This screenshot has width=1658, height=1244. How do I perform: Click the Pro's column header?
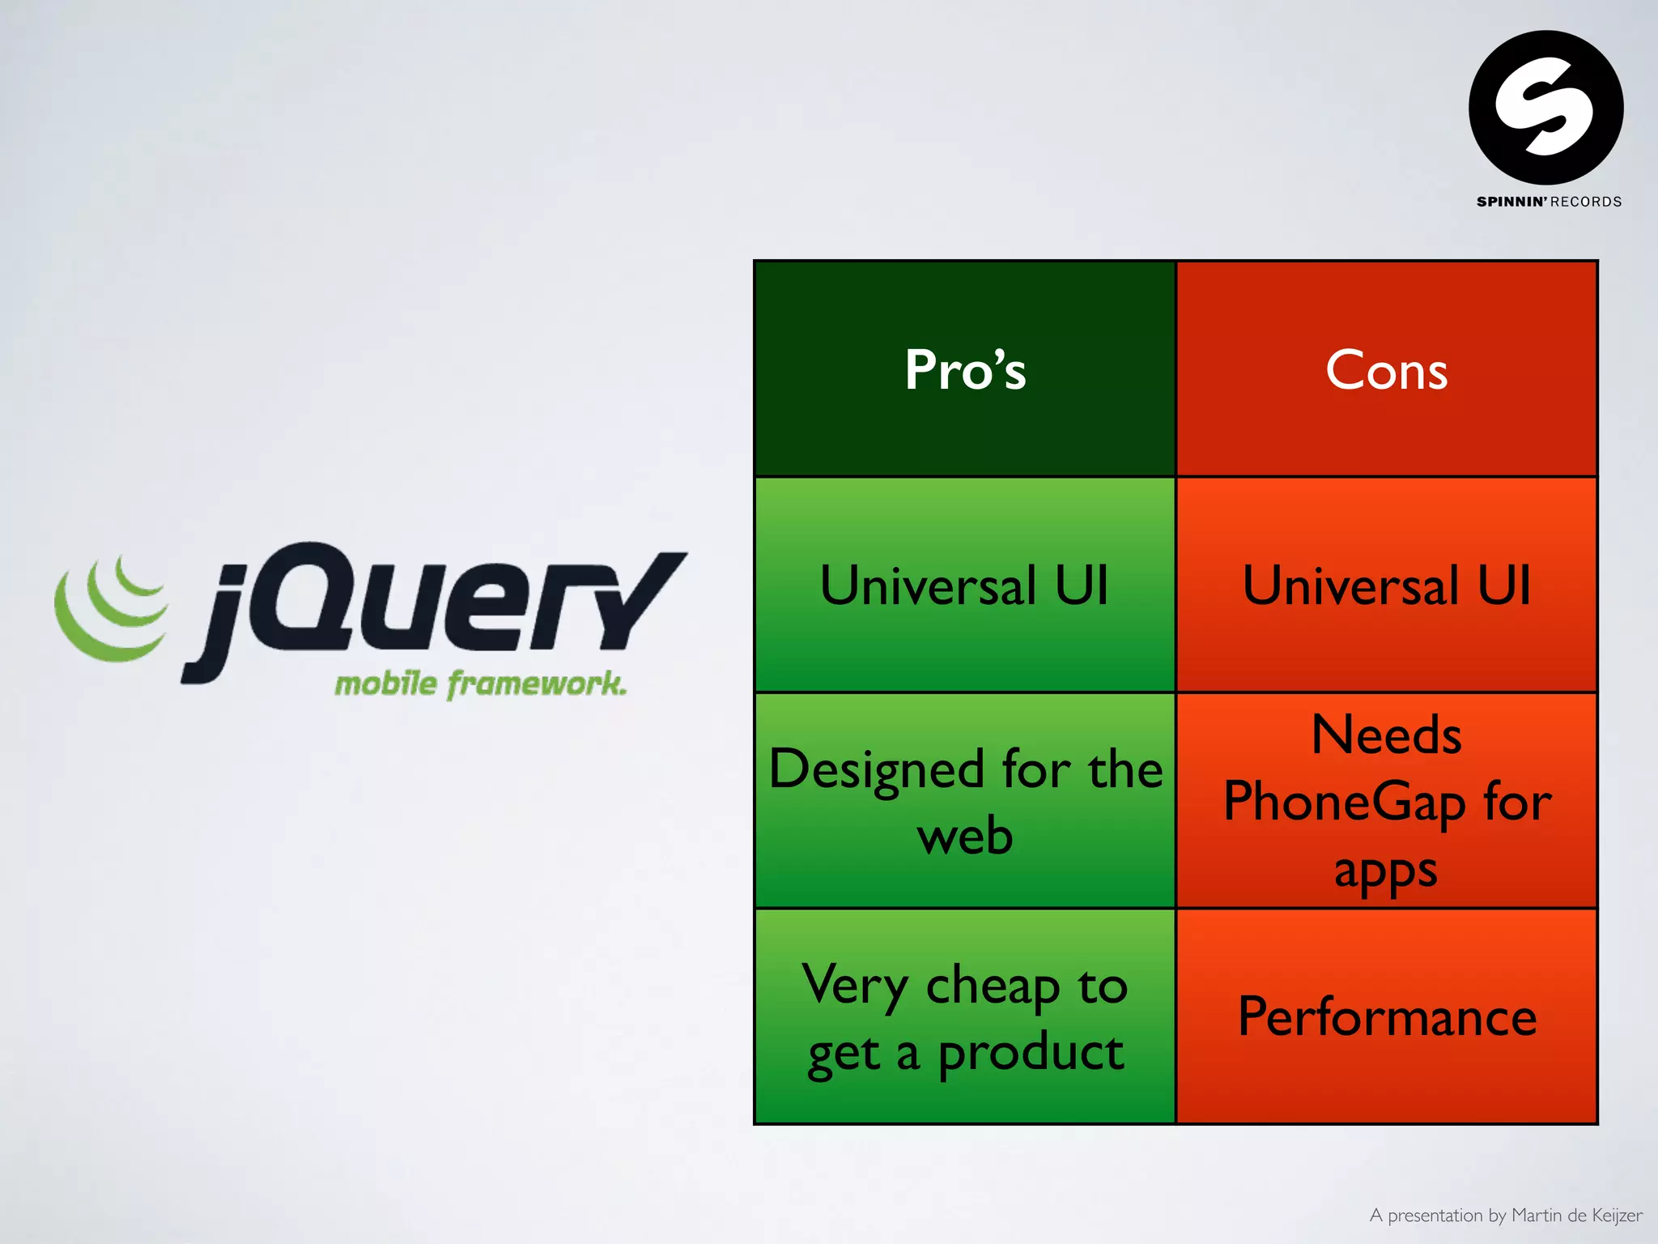coord(965,369)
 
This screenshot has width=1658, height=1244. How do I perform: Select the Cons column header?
coord(1386,369)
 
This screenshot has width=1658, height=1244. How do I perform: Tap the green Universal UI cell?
coord(963,585)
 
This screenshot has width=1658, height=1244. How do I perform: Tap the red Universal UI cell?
coord(1386,585)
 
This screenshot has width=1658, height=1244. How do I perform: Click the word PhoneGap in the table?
coord(1344,802)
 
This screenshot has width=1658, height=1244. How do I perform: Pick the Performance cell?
coord(1386,1016)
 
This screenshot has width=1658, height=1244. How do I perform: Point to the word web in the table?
coord(965,836)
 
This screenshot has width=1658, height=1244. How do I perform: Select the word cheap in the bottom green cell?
coord(993,986)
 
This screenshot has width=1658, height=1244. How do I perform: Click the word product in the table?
coord(1030,1053)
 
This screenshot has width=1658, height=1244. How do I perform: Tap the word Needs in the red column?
coord(1386,735)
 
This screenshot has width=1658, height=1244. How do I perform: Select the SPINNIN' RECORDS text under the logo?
coord(1548,202)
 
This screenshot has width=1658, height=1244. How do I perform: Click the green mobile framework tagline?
coord(480,684)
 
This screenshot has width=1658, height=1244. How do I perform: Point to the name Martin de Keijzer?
coord(1576,1215)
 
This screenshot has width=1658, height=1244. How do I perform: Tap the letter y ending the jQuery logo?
coord(640,599)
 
